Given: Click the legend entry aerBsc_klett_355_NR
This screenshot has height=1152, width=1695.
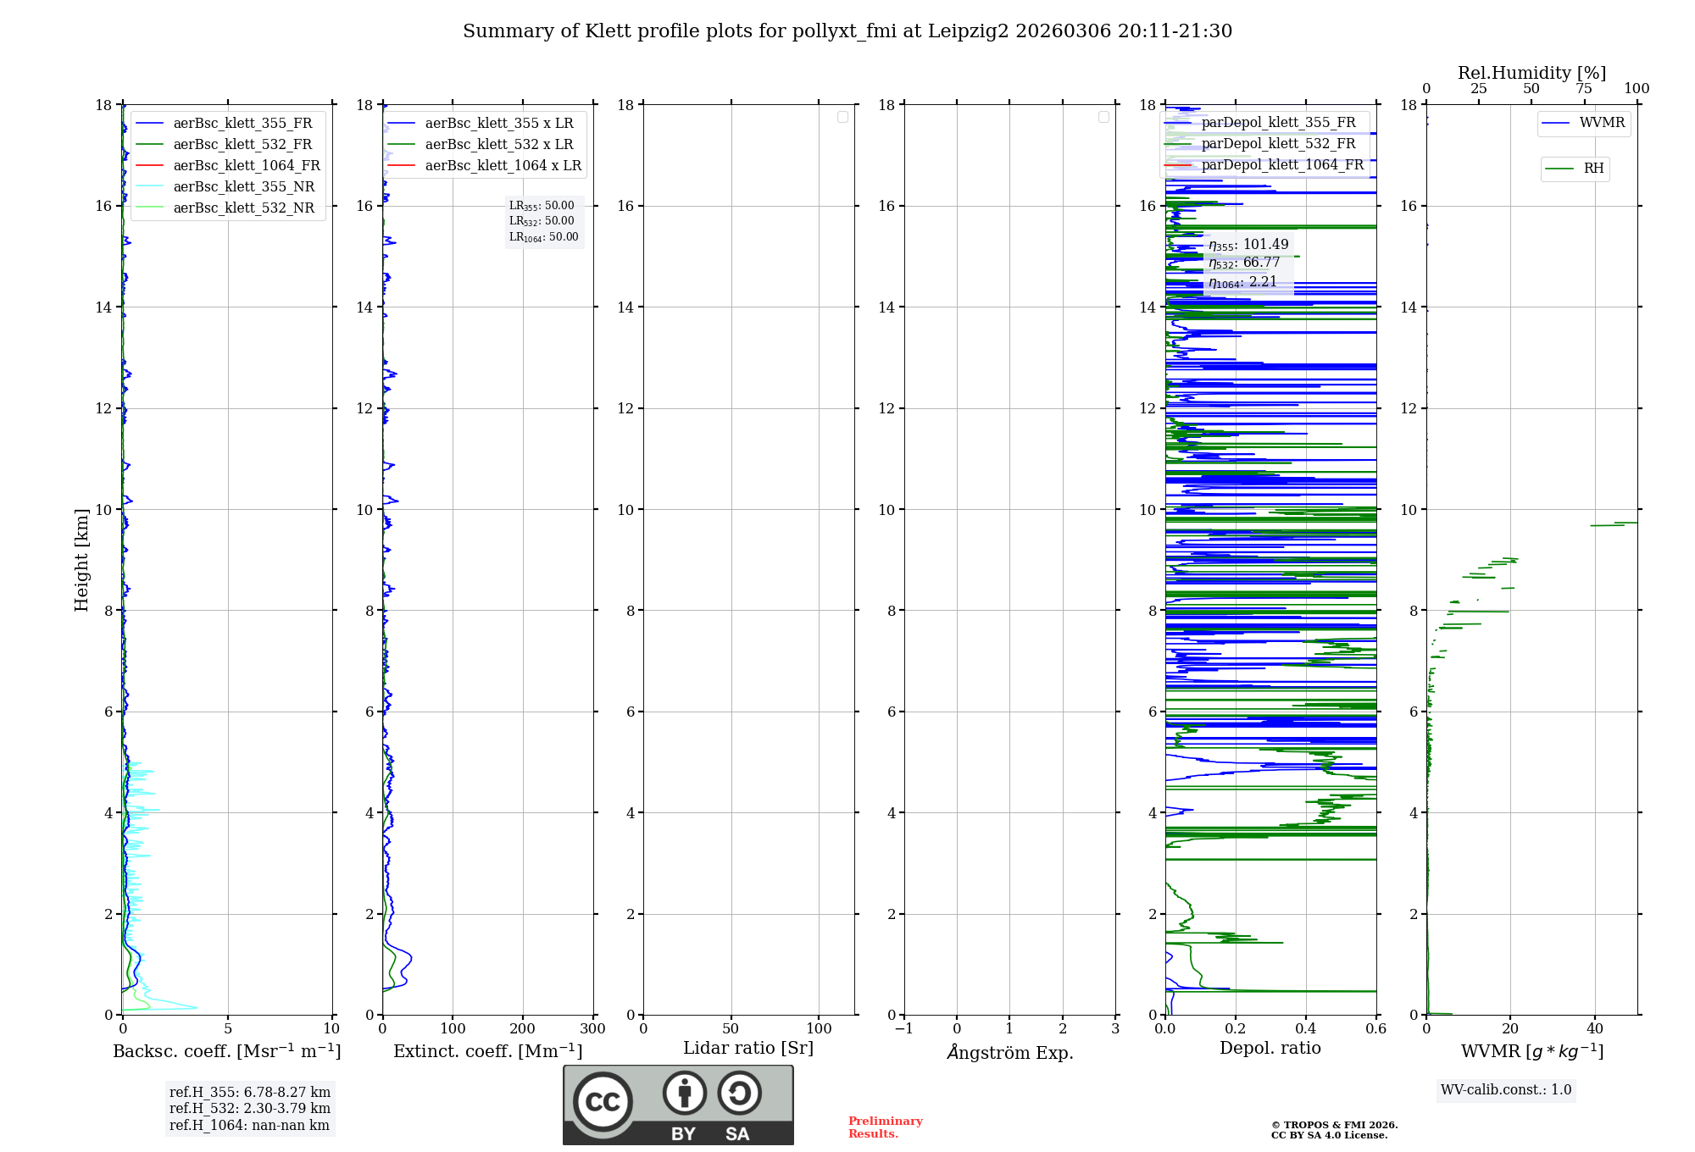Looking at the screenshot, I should [x=243, y=186].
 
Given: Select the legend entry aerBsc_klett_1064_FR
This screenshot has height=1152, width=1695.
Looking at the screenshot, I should [x=246, y=165].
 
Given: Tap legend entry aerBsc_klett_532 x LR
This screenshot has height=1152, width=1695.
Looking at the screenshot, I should [x=498, y=144].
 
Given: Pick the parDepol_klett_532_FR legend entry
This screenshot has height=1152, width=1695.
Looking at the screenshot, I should [x=1278, y=143].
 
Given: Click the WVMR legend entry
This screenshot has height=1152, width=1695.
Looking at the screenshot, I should [x=1602, y=123].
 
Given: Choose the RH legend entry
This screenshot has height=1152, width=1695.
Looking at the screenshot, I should [x=1593, y=169].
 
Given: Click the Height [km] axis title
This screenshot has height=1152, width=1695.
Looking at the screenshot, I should [x=81, y=560].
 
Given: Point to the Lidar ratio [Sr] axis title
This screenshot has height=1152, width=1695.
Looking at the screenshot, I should [x=748, y=1048].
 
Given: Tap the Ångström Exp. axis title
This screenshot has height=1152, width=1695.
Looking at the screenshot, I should [x=1010, y=1052].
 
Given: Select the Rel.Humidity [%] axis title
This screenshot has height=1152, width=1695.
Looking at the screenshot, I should [x=1531, y=73].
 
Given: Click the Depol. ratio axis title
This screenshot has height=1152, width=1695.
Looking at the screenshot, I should [x=1270, y=1048].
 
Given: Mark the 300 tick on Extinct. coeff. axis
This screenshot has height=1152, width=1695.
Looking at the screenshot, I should [x=593, y=1028].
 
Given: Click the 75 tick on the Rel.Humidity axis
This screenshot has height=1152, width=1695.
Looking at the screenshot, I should [x=1583, y=89].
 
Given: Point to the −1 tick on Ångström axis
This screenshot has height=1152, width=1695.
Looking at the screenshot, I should [x=904, y=1028].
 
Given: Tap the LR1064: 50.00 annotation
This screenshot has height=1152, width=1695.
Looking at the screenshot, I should [x=543, y=237].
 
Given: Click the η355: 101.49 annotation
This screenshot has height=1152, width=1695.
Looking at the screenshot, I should [x=1248, y=245].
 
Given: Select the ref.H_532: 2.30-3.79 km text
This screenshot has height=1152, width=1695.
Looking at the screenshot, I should [x=249, y=1108].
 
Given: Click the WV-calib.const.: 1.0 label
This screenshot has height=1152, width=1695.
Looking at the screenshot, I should [x=1505, y=1090].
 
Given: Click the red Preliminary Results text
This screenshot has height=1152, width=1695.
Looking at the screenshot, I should [x=885, y=1127].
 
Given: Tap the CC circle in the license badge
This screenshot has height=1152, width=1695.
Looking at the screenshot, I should [x=603, y=1102].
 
